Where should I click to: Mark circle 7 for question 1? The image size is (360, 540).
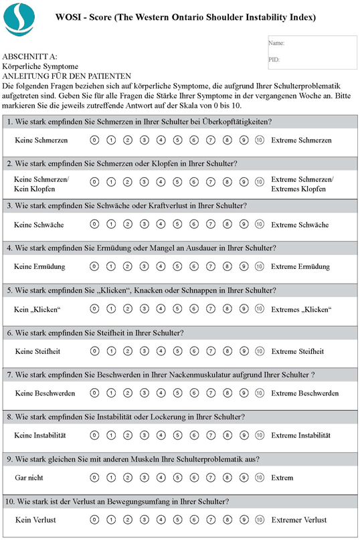point(210,140)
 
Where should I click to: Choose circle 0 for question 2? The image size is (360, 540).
point(94,182)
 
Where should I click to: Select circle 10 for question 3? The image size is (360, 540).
point(260,224)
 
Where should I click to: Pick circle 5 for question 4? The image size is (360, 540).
point(177,266)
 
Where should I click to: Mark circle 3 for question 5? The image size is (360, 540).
point(144,309)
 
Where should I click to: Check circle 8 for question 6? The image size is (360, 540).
point(227,351)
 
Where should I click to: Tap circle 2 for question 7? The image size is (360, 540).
point(127,393)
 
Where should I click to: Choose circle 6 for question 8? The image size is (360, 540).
point(193,435)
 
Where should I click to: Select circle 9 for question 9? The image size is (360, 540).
point(244,478)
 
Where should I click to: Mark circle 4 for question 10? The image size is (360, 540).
point(161,519)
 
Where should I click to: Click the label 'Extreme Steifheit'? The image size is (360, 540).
point(297,351)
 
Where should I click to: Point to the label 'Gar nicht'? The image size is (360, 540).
point(29,478)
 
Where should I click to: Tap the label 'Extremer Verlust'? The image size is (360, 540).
point(298,520)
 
